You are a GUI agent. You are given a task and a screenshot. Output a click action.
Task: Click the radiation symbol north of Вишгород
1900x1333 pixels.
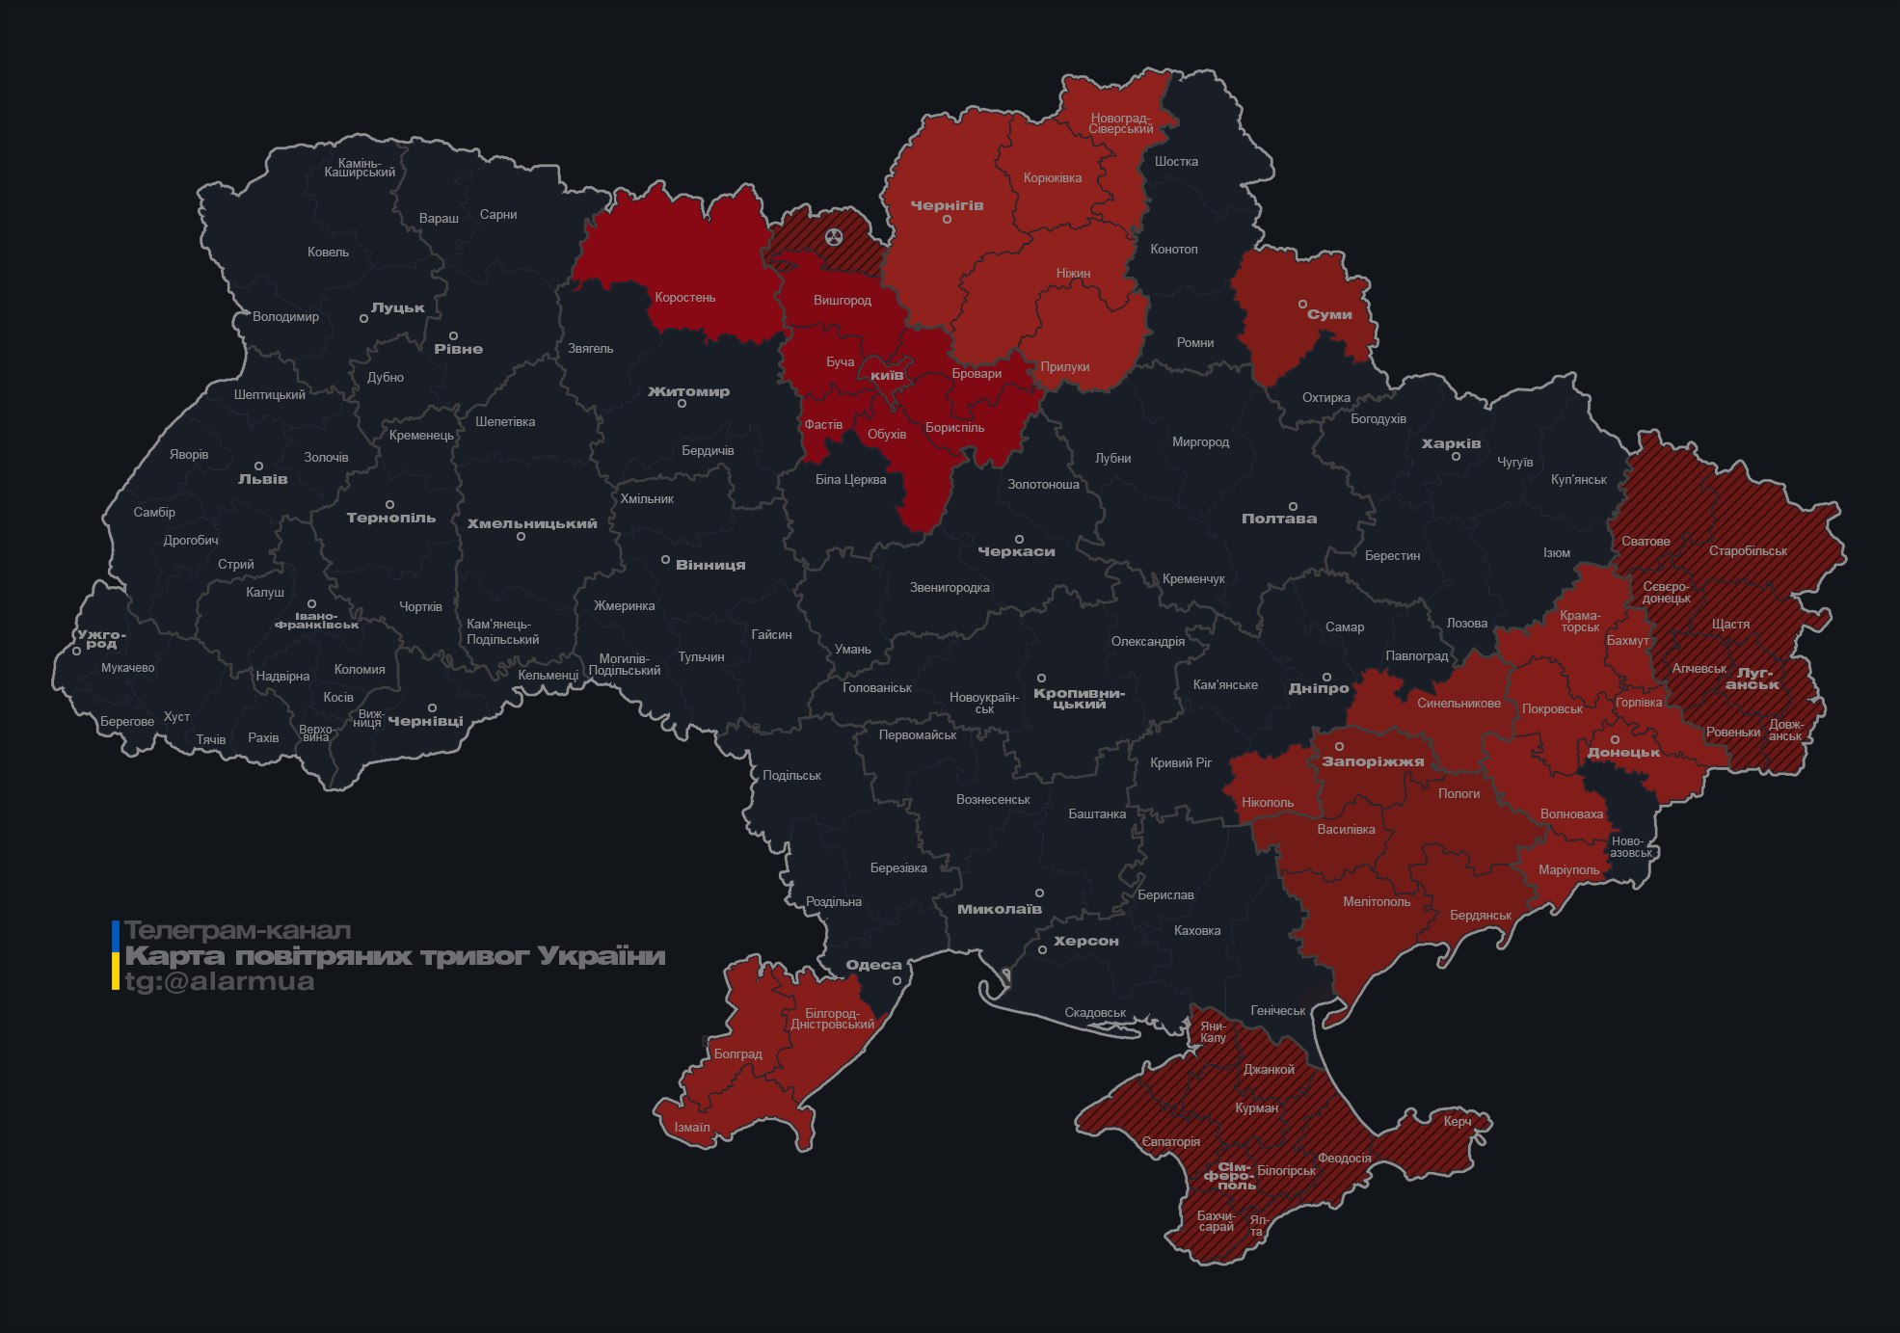[834, 237]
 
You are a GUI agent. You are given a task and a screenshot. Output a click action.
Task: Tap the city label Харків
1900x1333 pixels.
[1451, 444]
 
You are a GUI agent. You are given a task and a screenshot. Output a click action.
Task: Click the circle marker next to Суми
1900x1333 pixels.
[1302, 305]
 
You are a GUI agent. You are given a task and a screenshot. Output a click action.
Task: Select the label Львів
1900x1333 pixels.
[262, 479]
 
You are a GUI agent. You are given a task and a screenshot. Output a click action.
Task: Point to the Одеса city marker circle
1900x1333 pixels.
[896, 980]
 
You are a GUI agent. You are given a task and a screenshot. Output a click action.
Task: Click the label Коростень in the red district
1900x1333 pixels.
[684, 298]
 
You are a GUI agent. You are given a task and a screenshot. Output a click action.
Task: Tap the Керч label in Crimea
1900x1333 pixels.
[1457, 1122]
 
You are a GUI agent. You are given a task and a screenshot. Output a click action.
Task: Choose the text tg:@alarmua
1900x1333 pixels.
[219, 982]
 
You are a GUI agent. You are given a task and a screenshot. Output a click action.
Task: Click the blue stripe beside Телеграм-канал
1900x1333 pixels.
[116, 933]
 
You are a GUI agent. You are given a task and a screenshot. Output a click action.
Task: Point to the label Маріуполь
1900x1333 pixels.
[1568, 870]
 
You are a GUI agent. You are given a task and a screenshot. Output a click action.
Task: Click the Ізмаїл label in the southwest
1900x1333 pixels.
[691, 1128]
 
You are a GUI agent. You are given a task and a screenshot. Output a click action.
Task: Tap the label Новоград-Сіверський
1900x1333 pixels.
[1121, 123]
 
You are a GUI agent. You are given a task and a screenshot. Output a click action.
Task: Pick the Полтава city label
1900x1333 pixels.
[1278, 519]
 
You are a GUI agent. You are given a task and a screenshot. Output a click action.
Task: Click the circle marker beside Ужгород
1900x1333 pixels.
[77, 652]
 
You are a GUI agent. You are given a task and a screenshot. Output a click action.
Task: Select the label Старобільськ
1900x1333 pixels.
[1748, 551]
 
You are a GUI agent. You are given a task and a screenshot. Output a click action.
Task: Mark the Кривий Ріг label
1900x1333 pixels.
[1180, 763]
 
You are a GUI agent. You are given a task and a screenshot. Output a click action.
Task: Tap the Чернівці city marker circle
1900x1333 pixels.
[432, 708]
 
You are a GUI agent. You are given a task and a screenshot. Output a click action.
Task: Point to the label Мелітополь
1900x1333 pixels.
[1376, 902]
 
